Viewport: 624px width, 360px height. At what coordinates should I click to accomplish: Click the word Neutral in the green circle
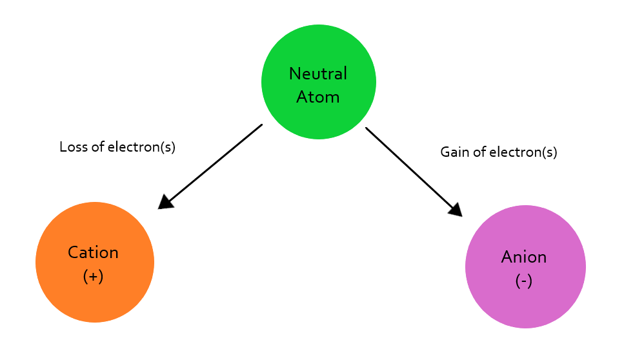point(318,74)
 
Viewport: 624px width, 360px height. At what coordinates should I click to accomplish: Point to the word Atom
point(318,97)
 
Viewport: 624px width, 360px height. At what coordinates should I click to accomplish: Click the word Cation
point(94,252)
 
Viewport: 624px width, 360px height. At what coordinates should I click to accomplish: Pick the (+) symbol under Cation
point(94,276)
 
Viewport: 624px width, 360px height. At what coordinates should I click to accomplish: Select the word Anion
point(524,257)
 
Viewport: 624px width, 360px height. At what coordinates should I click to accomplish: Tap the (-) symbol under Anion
point(524,281)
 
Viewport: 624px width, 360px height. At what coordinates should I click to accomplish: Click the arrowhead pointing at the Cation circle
point(165,202)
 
